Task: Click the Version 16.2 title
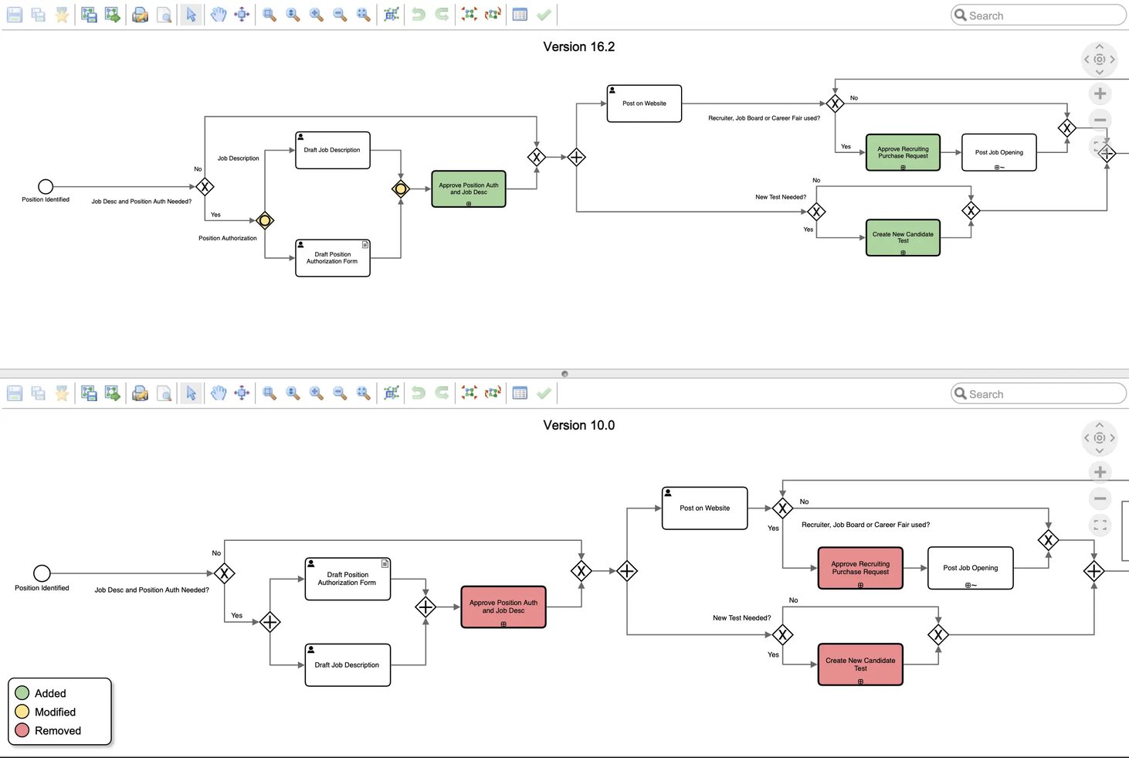(578, 47)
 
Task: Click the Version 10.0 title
(578, 426)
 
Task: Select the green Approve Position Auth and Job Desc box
(468, 189)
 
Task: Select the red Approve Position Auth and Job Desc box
(503, 607)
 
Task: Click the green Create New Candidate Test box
(903, 237)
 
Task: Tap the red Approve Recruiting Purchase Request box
(859, 568)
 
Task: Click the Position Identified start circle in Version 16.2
(46, 187)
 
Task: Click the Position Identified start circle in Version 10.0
(42, 573)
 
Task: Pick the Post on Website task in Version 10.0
(704, 508)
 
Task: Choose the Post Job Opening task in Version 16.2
(998, 153)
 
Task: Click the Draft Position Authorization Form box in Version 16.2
(332, 258)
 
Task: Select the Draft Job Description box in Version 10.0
(348, 665)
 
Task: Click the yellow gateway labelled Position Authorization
(265, 221)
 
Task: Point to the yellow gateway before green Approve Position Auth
(401, 189)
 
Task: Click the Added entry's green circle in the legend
(22, 693)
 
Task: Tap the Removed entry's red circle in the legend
(22, 730)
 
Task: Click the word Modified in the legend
(55, 712)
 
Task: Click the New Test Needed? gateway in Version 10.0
(782, 635)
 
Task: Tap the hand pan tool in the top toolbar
(219, 15)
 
